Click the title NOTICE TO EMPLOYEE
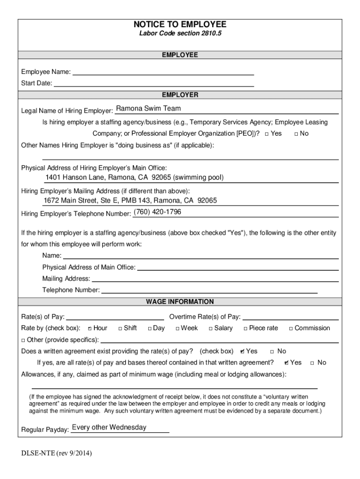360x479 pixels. (x=180, y=24)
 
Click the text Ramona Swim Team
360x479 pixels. (x=148, y=109)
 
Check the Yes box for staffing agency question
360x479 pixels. (x=266, y=134)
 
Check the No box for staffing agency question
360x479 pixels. (x=296, y=134)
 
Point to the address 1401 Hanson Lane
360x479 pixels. (x=134, y=178)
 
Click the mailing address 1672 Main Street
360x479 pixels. (x=130, y=201)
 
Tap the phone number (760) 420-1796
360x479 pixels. (x=157, y=212)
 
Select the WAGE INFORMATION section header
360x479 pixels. (x=180, y=302)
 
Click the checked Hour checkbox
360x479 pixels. (x=89, y=329)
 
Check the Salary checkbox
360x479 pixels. (x=210, y=329)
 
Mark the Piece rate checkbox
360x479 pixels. (x=245, y=329)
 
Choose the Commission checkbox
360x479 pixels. (x=291, y=329)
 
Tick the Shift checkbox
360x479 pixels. (x=120, y=329)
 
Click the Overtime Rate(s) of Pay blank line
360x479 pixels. (x=290, y=317)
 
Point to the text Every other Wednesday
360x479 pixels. (x=109, y=428)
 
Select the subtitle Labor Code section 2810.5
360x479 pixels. (x=180, y=34)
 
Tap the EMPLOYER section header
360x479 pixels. (x=180, y=95)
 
